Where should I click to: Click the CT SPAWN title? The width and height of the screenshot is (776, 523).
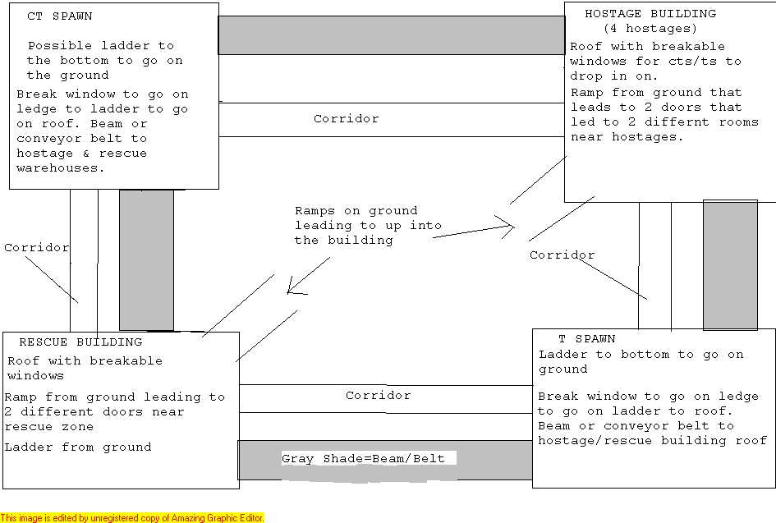(x=59, y=16)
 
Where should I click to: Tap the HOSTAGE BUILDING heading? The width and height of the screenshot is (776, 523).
(x=650, y=14)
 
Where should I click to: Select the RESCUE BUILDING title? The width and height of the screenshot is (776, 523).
(x=80, y=342)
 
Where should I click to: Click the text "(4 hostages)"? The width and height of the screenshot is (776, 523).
(x=650, y=29)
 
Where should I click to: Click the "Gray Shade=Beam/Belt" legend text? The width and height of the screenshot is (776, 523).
(x=363, y=459)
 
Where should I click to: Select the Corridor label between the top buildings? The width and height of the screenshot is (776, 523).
(x=347, y=119)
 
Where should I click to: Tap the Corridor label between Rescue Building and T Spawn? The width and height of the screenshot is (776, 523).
(x=378, y=396)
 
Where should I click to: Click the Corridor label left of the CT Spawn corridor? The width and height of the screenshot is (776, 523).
(x=37, y=247)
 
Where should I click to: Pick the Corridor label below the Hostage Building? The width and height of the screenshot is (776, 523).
(x=562, y=255)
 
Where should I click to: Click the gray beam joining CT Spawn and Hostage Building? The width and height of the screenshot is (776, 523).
(x=392, y=35)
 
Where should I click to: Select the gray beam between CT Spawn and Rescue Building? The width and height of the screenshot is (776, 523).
(x=146, y=259)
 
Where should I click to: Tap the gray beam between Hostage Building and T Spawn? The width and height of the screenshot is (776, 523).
(x=731, y=265)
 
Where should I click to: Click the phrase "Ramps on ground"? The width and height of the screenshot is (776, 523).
(x=356, y=211)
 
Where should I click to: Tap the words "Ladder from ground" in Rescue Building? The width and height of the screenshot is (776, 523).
(x=78, y=447)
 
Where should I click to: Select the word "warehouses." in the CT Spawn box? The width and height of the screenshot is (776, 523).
(x=61, y=168)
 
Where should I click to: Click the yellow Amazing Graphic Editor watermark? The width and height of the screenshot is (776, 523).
(x=132, y=518)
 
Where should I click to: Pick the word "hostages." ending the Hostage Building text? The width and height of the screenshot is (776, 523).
(x=647, y=137)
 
